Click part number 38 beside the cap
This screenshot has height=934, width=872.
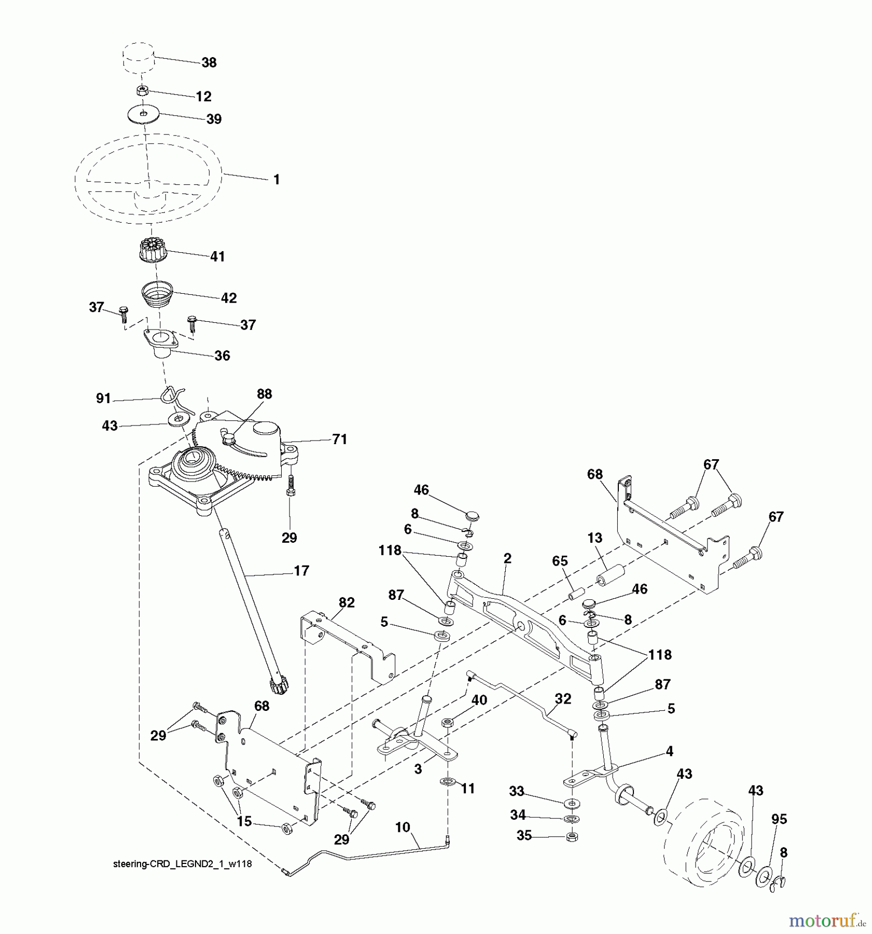209,63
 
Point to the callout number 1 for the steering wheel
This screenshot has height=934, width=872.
276,180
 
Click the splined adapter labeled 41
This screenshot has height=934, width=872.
149,250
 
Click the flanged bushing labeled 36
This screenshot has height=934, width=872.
161,345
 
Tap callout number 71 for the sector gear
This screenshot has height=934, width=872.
339,439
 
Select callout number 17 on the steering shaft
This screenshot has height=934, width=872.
301,571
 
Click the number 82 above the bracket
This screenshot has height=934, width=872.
347,602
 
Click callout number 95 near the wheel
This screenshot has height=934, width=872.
779,819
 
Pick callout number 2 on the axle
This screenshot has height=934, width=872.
507,558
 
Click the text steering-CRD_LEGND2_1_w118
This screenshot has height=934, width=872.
182,864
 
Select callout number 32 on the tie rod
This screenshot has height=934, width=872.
563,698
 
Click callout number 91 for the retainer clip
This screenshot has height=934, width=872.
103,398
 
